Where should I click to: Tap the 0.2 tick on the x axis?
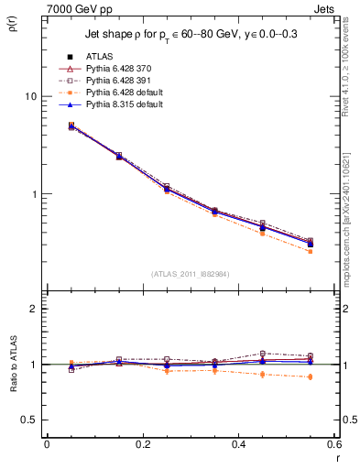[x=142, y=444]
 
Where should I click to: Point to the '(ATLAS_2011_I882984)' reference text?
[x=190, y=273]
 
